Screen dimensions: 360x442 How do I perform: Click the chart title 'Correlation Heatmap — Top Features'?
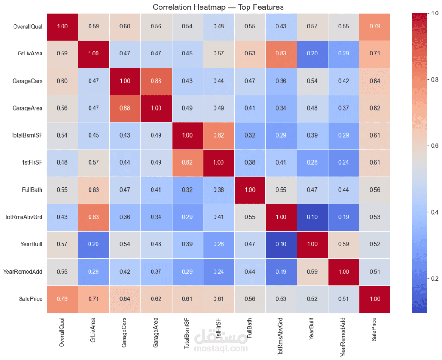(x=218, y=7)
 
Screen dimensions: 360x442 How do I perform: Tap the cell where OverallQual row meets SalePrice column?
(x=375, y=26)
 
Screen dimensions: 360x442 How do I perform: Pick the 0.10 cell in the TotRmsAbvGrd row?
(x=312, y=216)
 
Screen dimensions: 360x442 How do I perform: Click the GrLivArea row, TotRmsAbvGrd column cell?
(x=281, y=53)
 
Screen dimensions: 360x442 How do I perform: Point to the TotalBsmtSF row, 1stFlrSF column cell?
(x=219, y=135)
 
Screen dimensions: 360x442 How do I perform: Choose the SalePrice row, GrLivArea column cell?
(x=93, y=298)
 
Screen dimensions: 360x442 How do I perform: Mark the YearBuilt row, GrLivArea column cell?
(x=93, y=244)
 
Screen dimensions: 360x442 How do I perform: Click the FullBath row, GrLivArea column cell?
(x=93, y=189)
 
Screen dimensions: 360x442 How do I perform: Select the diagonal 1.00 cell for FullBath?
(x=250, y=189)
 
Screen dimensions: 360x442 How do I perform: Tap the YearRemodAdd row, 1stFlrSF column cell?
(x=219, y=271)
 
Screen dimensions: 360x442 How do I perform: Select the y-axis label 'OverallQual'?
(x=28, y=26)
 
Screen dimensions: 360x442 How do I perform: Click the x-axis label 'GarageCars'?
(x=124, y=333)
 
